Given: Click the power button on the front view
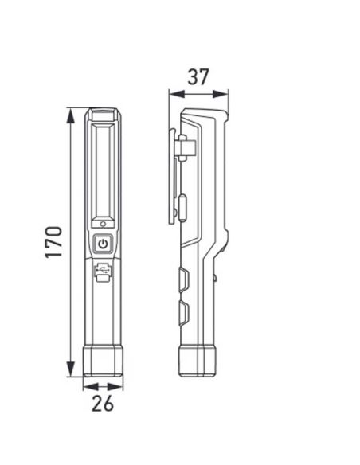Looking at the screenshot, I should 104,244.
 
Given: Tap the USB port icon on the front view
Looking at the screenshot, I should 104,273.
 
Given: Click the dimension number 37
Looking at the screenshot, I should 198,77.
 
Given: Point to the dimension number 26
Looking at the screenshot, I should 103,404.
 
